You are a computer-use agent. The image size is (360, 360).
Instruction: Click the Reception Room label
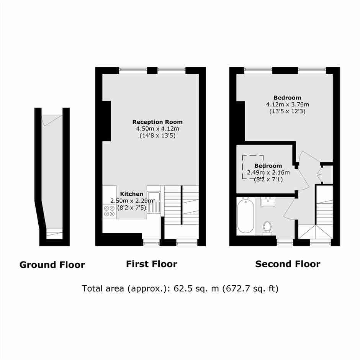coord(157,122)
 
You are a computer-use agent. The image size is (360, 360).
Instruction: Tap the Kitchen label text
coord(132,194)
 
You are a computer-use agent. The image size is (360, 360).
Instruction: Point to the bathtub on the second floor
coord(245,216)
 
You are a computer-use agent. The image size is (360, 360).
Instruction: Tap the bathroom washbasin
coord(268,201)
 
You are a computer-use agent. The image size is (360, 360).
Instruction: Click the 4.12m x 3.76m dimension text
coord(288,105)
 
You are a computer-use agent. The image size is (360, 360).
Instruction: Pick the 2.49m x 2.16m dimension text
coord(268,172)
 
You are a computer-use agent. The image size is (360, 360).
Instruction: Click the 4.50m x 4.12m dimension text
coord(157,129)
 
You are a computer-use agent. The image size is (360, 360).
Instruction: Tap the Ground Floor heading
coord(52,265)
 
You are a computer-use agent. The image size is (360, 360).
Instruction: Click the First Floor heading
coord(152,264)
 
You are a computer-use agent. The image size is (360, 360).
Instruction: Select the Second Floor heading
coord(288,264)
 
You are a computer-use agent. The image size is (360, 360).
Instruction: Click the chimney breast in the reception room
coord(106,121)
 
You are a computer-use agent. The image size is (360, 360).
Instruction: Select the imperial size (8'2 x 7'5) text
coord(132,208)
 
